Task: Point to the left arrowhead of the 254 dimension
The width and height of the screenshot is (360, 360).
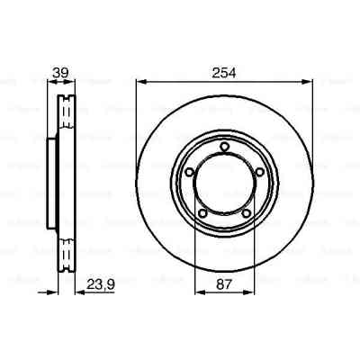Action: (139, 83)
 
